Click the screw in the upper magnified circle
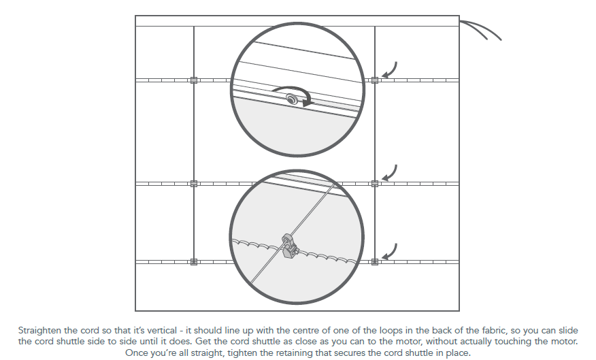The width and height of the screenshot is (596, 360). [292, 99]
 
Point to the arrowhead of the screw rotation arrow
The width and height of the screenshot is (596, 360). [308, 101]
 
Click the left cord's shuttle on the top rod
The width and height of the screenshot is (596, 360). [194, 80]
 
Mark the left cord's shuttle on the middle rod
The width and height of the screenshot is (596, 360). [194, 184]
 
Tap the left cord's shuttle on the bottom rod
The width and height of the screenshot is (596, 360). [194, 262]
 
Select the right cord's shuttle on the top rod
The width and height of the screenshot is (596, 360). [375, 80]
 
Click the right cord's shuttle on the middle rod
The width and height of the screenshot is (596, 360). [375, 184]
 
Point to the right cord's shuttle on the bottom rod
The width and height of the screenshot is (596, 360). [375, 262]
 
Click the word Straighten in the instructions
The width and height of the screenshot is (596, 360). [39, 330]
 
